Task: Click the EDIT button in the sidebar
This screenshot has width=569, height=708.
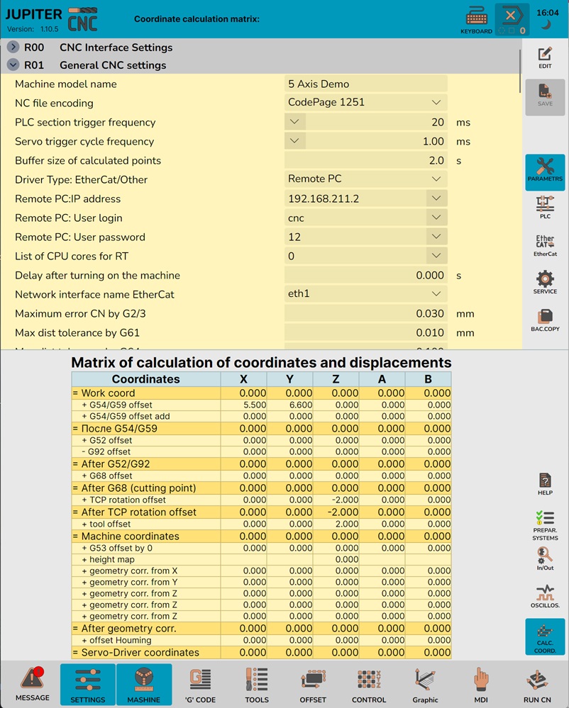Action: tap(545, 57)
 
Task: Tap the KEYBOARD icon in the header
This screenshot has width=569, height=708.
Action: tap(476, 19)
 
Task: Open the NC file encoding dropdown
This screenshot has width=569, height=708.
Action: tap(365, 103)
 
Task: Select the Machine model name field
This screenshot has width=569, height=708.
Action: tap(365, 84)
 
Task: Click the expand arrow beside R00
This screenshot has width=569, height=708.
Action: tap(13, 47)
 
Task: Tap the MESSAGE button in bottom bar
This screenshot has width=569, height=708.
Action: tap(33, 684)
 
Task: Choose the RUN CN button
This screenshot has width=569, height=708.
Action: tap(536, 684)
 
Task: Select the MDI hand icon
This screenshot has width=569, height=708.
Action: tap(481, 684)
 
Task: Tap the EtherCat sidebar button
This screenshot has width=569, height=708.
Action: tap(545, 245)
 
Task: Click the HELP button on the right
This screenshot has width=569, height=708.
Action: tap(545, 484)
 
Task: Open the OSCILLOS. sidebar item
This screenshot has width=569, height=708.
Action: tap(545, 596)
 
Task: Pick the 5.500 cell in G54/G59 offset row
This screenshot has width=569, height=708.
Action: tap(244, 405)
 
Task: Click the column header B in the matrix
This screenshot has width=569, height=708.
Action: tap(428, 379)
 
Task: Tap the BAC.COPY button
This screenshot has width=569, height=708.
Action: tap(545, 320)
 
